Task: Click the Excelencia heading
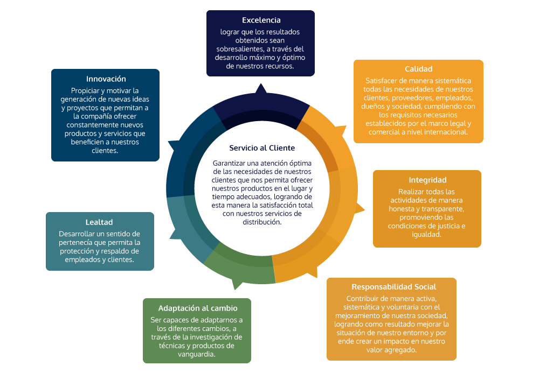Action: pyautogui.click(x=261, y=20)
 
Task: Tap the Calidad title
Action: pyautogui.click(x=418, y=69)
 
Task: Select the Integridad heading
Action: pyautogui.click(x=427, y=180)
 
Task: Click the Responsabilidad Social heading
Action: pyautogui.click(x=393, y=287)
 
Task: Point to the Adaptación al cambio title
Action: pyautogui.click(x=198, y=308)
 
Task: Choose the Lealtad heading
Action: pyautogui.click(x=99, y=222)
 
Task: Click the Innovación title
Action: pyautogui.click(x=106, y=79)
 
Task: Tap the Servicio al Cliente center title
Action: pyautogui.click(x=262, y=148)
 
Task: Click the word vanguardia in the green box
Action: pyautogui.click(x=196, y=354)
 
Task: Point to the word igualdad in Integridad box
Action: pyautogui.click(x=426, y=235)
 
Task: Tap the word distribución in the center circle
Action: pyautogui.click(x=262, y=222)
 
